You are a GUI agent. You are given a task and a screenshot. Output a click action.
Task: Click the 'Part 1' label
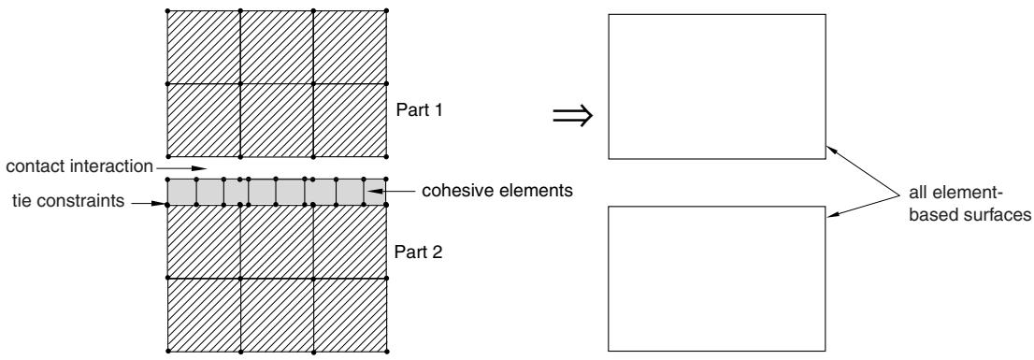click(x=418, y=109)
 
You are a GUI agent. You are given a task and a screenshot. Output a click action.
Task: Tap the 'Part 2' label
click(x=418, y=252)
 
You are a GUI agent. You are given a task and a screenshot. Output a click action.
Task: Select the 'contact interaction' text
click(x=79, y=166)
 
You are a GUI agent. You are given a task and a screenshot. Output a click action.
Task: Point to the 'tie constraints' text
click(x=68, y=201)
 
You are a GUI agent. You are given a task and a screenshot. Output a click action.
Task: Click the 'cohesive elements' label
click(x=497, y=191)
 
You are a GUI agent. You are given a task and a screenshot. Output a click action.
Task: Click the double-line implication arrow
click(x=573, y=116)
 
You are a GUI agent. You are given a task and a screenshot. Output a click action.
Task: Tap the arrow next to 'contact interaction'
click(x=181, y=167)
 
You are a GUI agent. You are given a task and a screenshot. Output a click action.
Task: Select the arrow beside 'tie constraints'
click(x=147, y=203)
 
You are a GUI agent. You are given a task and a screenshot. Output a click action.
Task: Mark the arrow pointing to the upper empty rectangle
click(x=863, y=170)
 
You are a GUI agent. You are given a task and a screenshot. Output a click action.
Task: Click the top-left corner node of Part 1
click(x=167, y=10)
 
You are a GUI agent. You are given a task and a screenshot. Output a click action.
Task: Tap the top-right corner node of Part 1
click(x=386, y=10)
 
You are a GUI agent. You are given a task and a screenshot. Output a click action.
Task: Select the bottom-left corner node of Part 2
click(x=167, y=350)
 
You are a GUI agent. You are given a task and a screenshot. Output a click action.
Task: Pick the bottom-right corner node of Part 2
click(x=386, y=350)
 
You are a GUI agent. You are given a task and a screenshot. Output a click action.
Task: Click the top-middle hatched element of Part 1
click(x=277, y=47)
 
